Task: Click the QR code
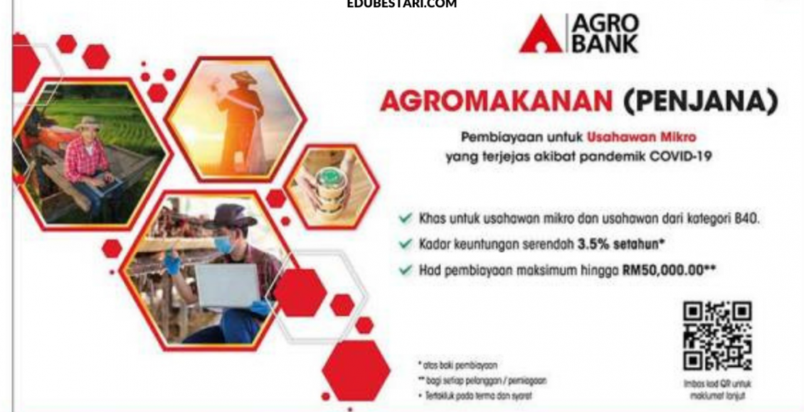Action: pos(717,336)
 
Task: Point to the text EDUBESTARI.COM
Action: pos(402,4)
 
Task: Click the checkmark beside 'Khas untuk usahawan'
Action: pos(406,219)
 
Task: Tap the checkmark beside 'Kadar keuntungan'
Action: pos(406,244)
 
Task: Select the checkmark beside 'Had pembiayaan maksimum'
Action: pos(406,270)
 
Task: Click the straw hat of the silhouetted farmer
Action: pos(244,78)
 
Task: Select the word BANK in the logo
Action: pos(604,45)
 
